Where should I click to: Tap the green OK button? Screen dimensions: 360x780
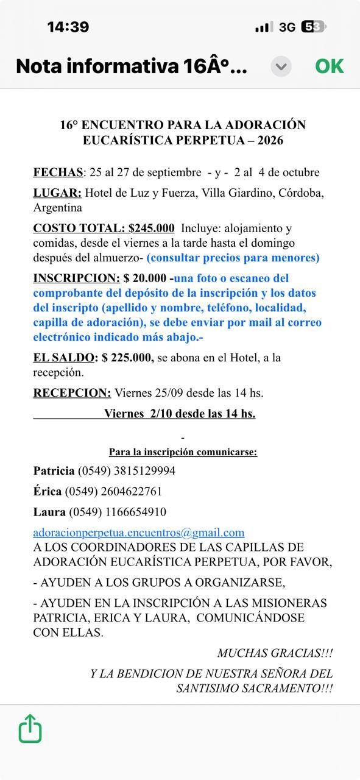[x=330, y=66]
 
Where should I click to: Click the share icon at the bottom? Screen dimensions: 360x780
[x=30, y=729]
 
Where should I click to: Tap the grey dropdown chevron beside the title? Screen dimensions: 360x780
[x=281, y=66]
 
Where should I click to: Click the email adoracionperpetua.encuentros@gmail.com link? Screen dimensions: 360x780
[x=139, y=533]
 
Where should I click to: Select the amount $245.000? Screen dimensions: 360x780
[x=152, y=229]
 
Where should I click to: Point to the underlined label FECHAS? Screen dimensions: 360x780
[x=58, y=172]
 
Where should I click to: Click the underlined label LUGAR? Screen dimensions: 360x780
[x=57, y=193]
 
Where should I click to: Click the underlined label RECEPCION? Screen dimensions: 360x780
[x=72, y=393]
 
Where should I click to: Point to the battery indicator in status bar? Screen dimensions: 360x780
[x=314, y=27]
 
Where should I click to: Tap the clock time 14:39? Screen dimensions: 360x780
[x=68, y=27]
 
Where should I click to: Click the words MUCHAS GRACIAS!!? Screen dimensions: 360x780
[x=275, y=653]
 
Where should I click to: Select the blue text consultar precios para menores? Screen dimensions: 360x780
[x=233, y=258]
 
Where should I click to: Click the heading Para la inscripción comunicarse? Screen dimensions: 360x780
[x=183, y=452]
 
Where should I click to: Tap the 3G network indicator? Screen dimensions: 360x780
[x=287, y=27]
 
